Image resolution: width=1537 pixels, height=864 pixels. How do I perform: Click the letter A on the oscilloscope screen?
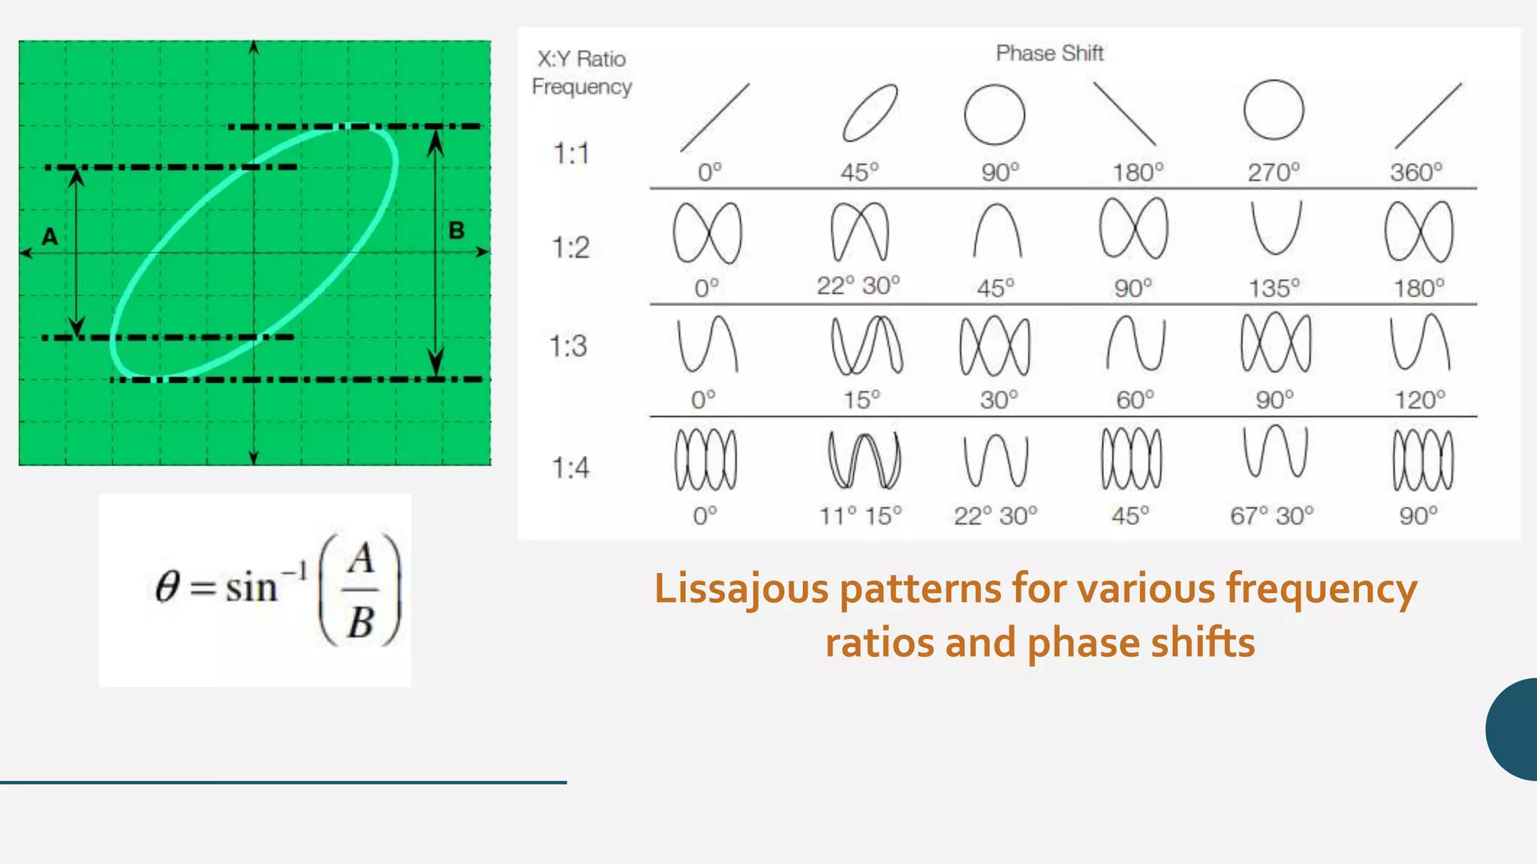tap(50, 236)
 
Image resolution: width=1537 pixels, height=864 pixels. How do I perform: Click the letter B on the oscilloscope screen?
tap(456, 230)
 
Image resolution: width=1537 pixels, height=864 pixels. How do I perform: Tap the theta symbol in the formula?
tap(167, 586)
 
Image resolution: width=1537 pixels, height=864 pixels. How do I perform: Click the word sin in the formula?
tap(251, 587)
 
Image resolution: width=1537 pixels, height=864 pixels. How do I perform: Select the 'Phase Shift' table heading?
tap(1049, 53)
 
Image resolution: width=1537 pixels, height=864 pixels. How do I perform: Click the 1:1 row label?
tap(571, 154)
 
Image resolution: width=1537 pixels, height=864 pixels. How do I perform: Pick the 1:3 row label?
tap(568, 346)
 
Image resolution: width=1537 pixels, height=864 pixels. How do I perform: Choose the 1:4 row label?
tap(571, 468)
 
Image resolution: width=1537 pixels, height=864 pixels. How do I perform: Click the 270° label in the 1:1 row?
tap(1273, 172)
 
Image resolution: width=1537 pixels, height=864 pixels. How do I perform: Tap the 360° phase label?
tap(1415, 172)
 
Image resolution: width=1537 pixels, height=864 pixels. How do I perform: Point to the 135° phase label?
tap(1274, 288)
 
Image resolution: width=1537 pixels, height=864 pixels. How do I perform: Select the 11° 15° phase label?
tap(860, 516)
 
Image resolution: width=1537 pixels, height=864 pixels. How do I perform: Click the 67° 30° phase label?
tap(1271, 516)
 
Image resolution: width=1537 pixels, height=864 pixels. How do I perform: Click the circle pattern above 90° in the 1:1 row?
tap(994, 115)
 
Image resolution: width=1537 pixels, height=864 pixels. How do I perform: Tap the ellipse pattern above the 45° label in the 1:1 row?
tap(870, 113)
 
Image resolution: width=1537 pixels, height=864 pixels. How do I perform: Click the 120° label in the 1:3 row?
tap(1419, 400)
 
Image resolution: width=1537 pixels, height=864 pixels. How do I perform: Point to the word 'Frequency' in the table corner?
tap(582, 87)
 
